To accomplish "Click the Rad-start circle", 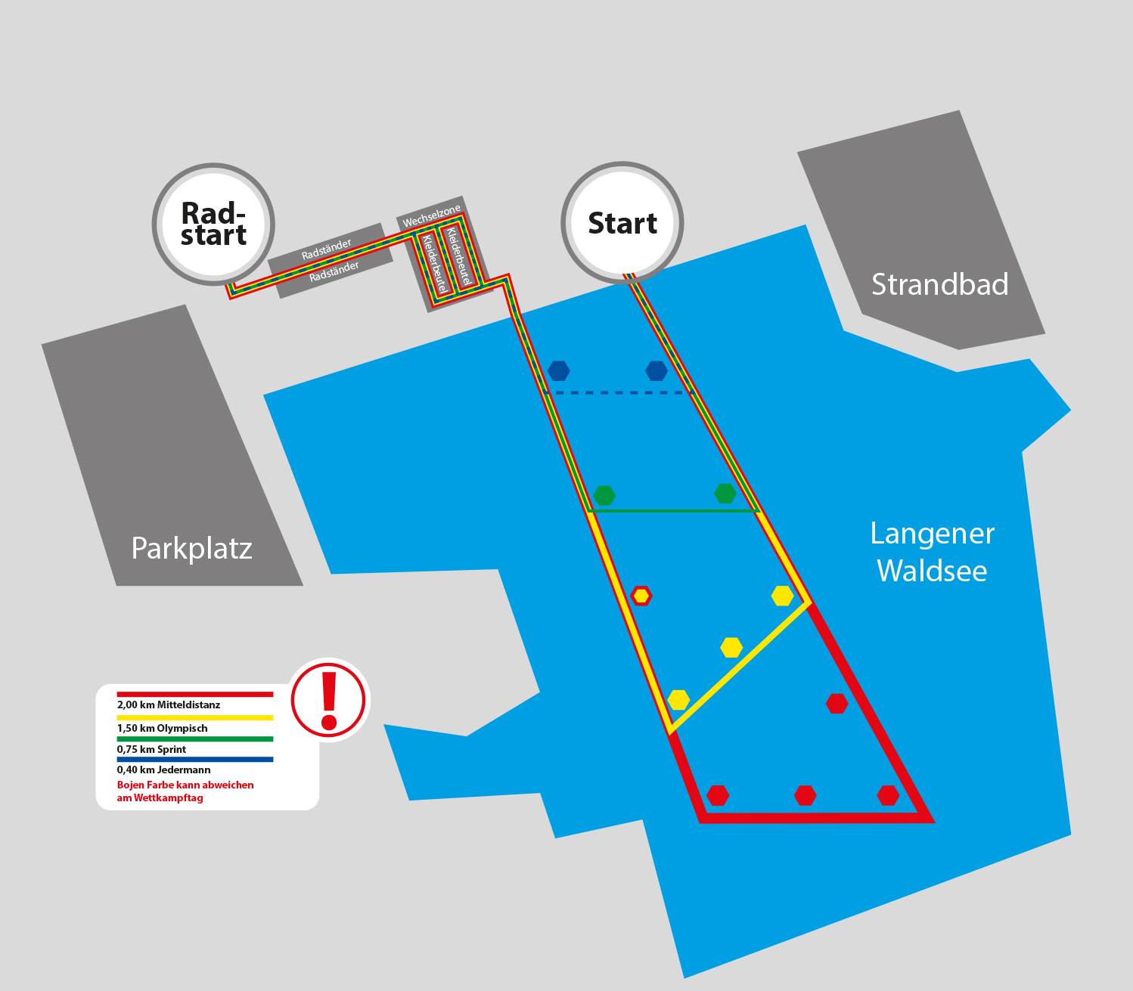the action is pos(213,224).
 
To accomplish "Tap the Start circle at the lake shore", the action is pos(622,222).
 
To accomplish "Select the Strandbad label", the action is pos(939,284).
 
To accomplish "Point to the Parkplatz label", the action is pos(191,549).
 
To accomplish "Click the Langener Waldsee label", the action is pos(932,552).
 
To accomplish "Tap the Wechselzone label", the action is pos(431,216).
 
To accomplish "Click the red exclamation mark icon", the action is pos(328,700).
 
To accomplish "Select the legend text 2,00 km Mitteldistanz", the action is pos(169,705).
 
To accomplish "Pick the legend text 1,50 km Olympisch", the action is pos(163,728).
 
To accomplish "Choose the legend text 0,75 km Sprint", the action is pos(151,749).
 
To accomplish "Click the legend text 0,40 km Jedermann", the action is pos(163,770).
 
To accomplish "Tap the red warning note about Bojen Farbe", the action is pos(185,791).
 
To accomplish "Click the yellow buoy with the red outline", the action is pos(641,596).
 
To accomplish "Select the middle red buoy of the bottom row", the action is pos(806,795).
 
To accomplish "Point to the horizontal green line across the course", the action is pos(673,511).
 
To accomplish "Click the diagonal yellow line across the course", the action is pos(740,667).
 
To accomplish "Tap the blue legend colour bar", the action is pos(195,759).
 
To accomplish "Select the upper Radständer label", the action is pos(326,249).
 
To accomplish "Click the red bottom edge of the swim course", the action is pos(816,818).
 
